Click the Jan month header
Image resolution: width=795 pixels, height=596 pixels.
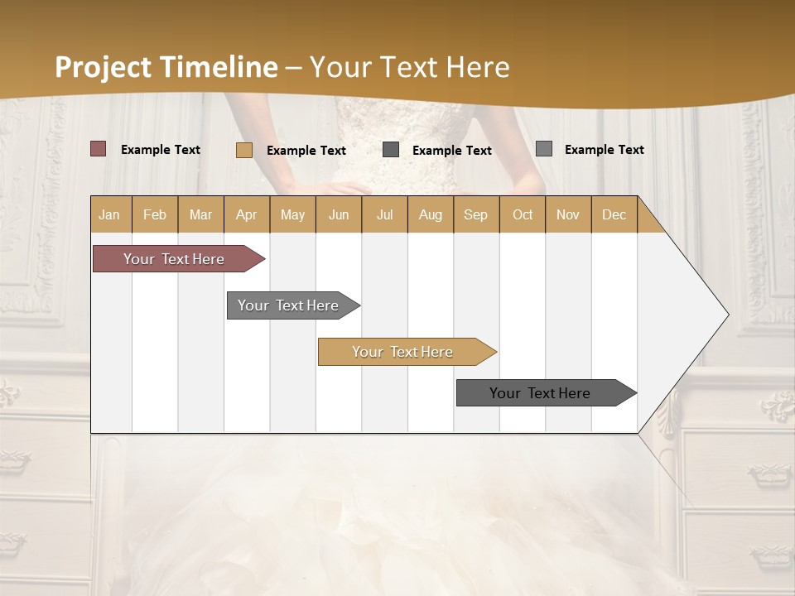coord(110,214)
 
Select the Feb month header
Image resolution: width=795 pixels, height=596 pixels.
coord(155,214)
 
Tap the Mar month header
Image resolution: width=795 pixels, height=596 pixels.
coord(200,214)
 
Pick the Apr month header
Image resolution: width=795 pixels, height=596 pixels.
coord(247,214)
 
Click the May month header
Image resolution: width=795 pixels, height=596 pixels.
coord(292,214)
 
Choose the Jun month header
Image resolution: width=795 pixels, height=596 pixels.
coord(339,214)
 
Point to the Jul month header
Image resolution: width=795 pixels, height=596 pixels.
coord(384,214)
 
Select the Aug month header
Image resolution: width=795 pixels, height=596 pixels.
coord(431,214)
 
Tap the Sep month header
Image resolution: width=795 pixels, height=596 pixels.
coord(476,214)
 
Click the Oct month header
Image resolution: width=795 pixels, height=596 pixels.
coord(523,214)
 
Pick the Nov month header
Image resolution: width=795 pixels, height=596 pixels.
coord(568,214)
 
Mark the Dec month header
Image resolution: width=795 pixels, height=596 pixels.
coord(614,214)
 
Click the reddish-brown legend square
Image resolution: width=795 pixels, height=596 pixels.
coord(99,149)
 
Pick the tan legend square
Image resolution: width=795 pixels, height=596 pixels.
coord(244,150)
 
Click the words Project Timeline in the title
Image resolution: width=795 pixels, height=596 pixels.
coord(166,67)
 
